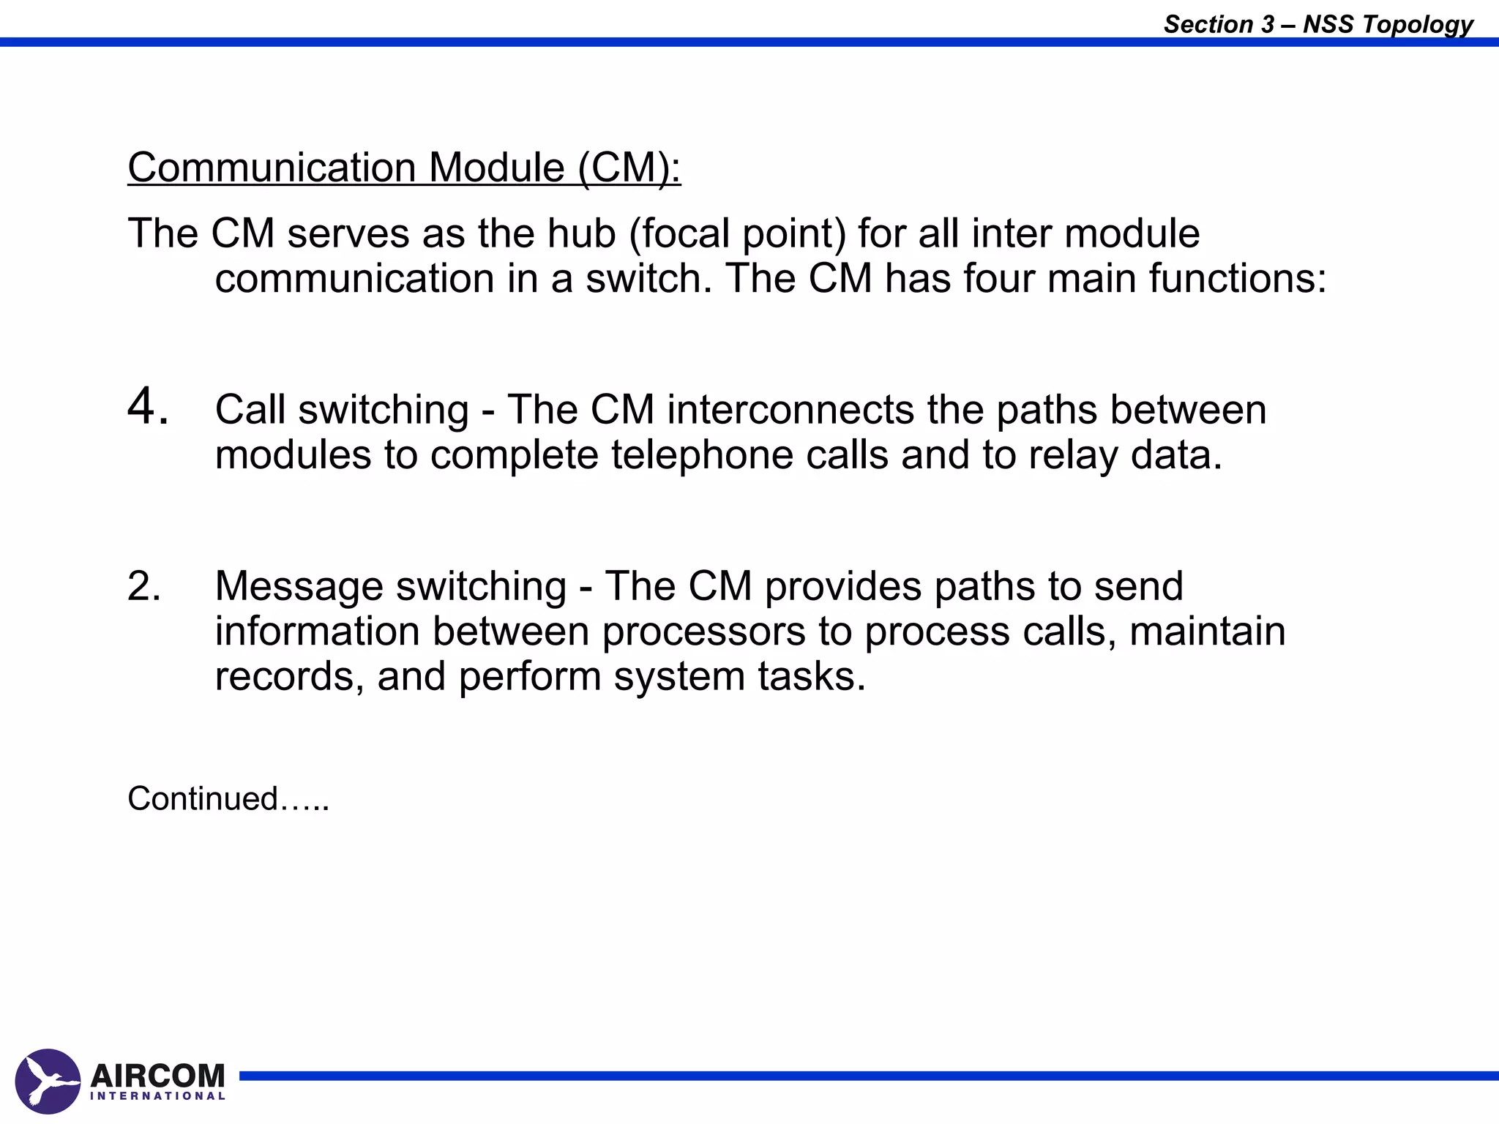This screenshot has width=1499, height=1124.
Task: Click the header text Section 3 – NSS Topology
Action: [1318, 24]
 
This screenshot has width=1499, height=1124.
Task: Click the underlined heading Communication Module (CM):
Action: [404, 168]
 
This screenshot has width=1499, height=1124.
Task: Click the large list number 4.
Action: [147, 407]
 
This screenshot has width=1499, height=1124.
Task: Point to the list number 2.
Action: [143, 586]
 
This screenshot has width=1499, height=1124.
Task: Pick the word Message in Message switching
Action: [299, 586]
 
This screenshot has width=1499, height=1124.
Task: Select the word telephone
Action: [702, 454]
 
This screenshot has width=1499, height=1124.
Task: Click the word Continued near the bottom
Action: [203, 798]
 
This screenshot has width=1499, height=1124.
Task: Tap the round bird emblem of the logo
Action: [48, 1082]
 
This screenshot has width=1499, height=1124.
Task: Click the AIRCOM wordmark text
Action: [157, 1075]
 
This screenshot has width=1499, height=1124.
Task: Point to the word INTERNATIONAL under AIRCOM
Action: [157, 1096]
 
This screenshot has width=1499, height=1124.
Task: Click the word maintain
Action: [1207, 632]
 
